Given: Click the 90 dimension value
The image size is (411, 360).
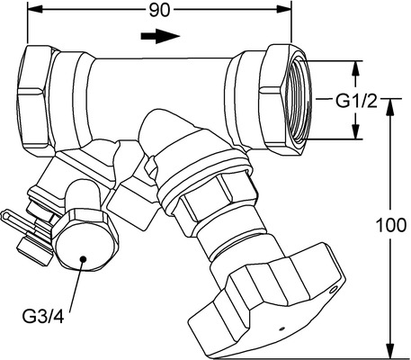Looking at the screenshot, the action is [159, 11].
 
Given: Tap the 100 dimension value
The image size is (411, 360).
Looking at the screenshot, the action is [391, 225].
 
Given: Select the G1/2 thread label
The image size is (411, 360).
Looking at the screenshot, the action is [356, 101].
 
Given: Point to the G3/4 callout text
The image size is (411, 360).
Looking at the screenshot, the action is [43, 317].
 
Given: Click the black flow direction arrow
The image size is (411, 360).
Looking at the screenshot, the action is [160, 36].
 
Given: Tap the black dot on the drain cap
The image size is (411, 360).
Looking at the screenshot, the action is [83, 258].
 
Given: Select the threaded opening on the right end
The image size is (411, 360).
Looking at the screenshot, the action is [299, 100].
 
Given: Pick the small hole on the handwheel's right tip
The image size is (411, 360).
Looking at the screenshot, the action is [333, 290].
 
